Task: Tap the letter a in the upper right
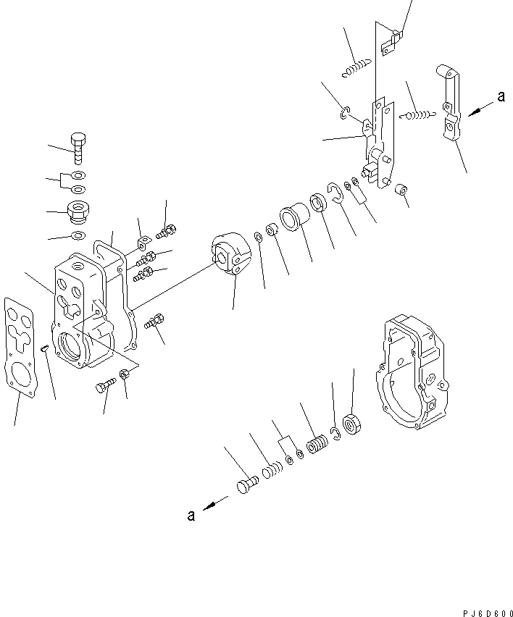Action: pos(500,96)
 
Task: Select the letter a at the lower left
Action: pos(191,515)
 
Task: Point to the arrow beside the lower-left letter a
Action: pos(214,505)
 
